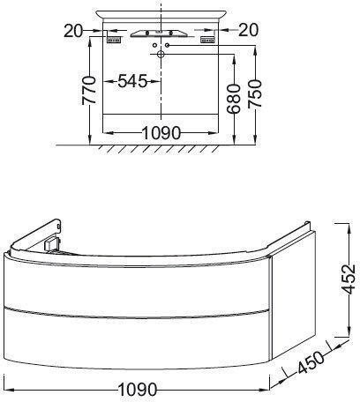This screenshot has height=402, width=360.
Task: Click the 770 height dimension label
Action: [89, 90]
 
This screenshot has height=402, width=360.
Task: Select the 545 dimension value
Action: [132, 81]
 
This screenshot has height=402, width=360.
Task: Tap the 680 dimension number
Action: [234, 99]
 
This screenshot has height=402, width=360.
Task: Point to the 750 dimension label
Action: [254, 93]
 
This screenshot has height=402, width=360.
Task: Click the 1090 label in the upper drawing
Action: [161, 133]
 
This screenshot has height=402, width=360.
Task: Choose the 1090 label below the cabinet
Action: [138, 390]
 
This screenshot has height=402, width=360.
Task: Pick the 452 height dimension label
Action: [349, 279]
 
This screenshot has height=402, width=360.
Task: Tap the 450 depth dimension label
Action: [311, 362]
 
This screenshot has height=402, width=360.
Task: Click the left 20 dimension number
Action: [73, 31]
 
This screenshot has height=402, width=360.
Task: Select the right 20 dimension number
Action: [249, 30]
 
